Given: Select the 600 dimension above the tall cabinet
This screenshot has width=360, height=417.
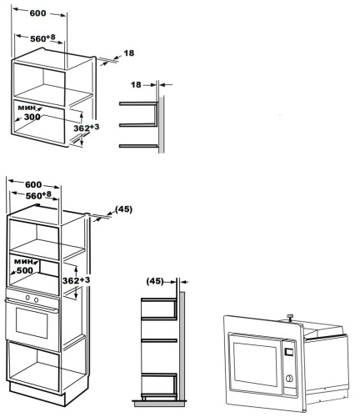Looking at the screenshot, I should pyautogui.click(x=32, y=184).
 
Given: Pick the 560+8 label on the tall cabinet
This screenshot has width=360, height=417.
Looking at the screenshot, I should pyautogui.click(x=38, y=195).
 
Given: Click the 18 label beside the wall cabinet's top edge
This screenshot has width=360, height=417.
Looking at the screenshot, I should pyautogui.click(x=128, y=53).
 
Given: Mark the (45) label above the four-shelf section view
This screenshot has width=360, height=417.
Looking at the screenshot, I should pyautogui.click(x=155, y=282).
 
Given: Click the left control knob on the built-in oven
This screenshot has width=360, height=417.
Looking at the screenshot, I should pyautogui.click(x=27, y=298).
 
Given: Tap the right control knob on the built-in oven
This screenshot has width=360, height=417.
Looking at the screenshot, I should pyautogui.click(x=37, y=298).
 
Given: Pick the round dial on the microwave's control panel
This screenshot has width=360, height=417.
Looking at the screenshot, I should pyautogui.click(x=289, y=379).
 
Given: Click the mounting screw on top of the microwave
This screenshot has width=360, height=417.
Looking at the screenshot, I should pyautogui.click(x=291, y=315).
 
